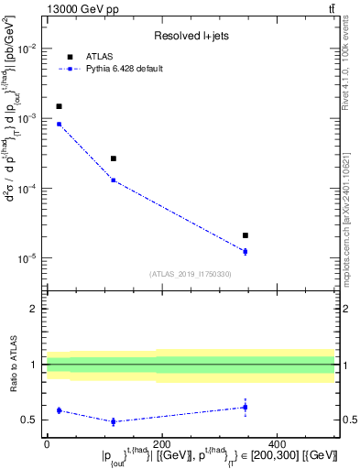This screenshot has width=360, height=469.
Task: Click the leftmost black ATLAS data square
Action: point(59,106)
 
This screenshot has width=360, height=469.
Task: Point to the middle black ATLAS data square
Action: point(114,158)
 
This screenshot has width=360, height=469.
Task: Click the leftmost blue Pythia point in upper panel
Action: point(59,124)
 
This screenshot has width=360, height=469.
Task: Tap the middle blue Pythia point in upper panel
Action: point(114,180)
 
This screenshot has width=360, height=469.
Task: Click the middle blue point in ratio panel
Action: point(114,421)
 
